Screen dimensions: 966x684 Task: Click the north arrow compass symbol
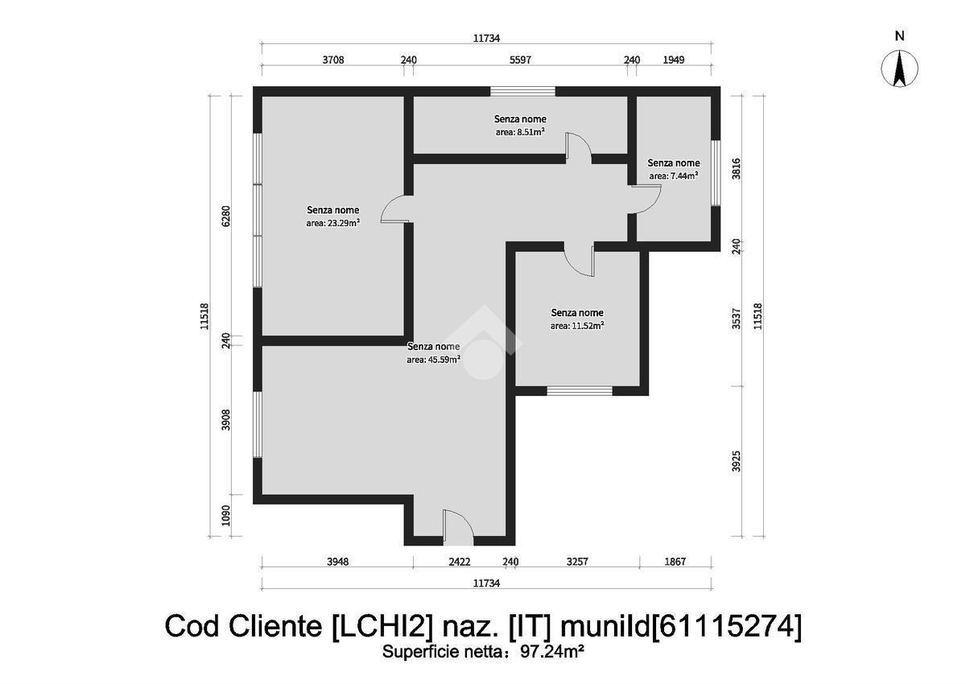pyautogui.click(x=899, y=68)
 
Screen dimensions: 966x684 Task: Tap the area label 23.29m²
pyautogui.click(x=333, y=223)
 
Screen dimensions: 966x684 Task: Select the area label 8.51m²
pyautogui.click(x=520, y=132)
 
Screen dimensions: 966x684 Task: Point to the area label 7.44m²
pyautogui.click(x=674, y=176)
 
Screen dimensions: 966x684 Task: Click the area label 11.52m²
pyautogui.click(x=577, y=326)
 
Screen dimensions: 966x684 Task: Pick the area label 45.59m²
pyautogui.click(x=433, y=360)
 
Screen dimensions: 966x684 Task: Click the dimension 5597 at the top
pyautogui.click(x=520, y=60)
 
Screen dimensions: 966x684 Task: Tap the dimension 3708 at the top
pyautogui.click(x=333, y=60)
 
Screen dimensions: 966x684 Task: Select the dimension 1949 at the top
pyautogui.click(x=673, y=60)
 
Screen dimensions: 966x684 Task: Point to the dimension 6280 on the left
pyautogui.click(x=225, y=216)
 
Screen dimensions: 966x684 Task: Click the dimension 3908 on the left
pyautogui.click(x=225, y=419)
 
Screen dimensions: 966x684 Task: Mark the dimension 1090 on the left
pyautogui.click(x=225, y=516)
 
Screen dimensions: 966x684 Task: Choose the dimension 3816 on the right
pyautogui.click(x=736, y=168)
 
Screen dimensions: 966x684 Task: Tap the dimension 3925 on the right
pyautogui.click(x=736, y=461)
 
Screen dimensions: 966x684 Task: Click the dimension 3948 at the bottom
pyautogui.click(x=337, y=562)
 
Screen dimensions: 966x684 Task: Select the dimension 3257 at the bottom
pyautogui.click(x=577, y=562)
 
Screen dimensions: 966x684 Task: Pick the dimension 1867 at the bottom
pyautogui.click(x=675, y=562)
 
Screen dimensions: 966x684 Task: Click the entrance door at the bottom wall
pyautogui.click(x=458, y=528)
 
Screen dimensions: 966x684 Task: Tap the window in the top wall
pyautogui.click(x=522, y=91)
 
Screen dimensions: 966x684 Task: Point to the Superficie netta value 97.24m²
pyautogui.click(x=552, y=651)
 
